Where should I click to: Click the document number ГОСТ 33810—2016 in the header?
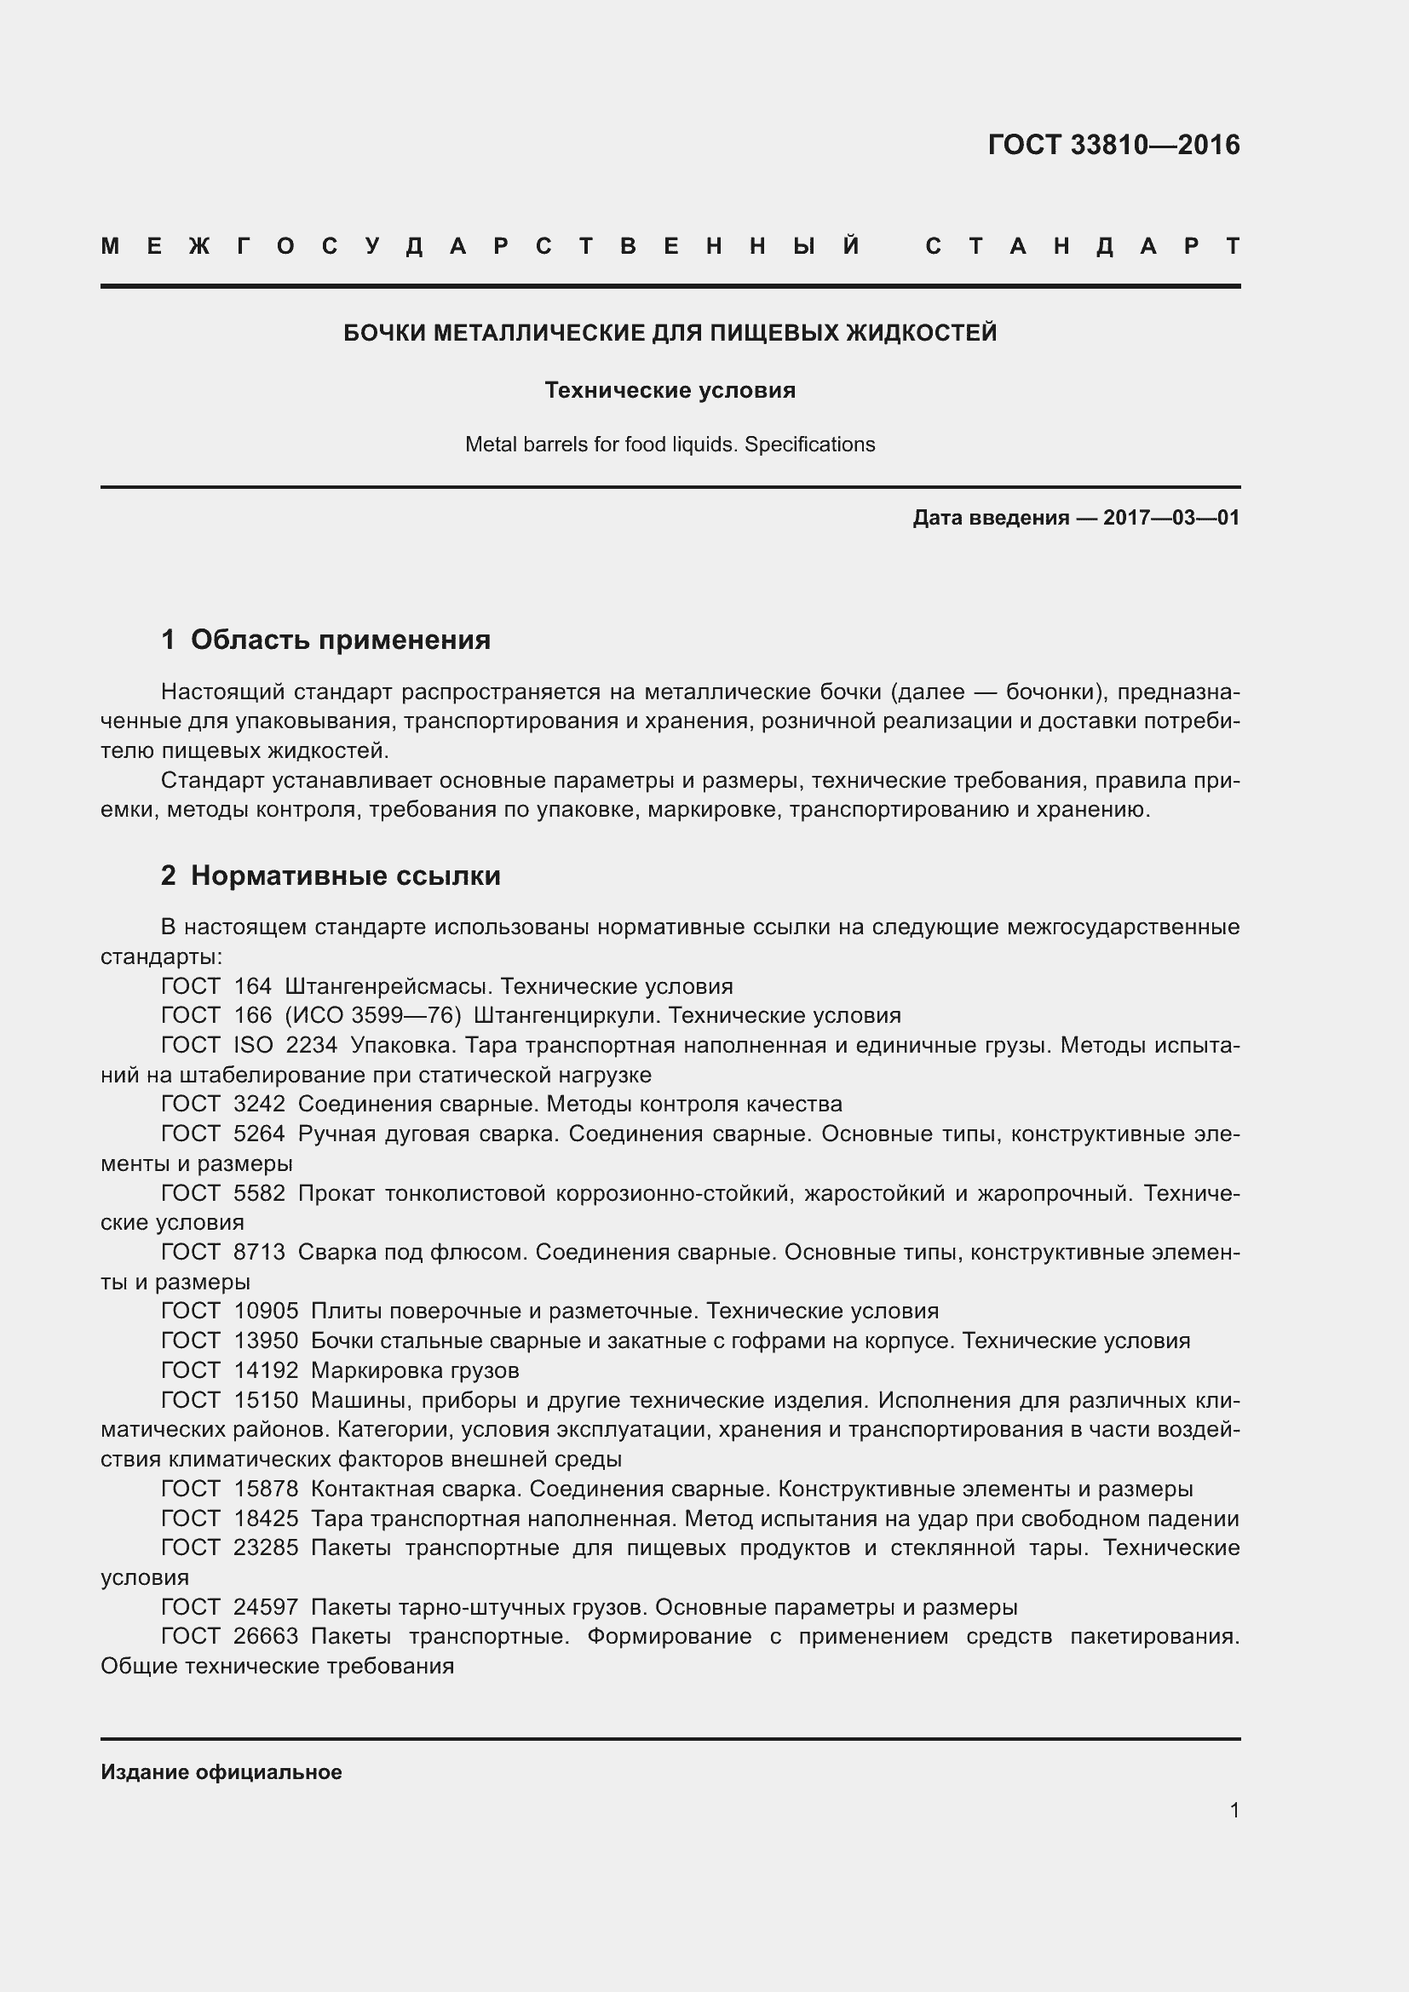pos(1113,145)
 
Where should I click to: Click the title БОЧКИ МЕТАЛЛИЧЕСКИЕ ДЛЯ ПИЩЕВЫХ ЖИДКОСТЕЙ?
pos(670,332)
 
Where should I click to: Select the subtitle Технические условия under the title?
pos(670,390)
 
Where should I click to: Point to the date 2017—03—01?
pos(1170,518)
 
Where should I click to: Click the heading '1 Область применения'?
pos(325,640)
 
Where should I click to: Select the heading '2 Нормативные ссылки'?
pos(331,875)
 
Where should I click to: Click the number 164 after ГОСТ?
pos(252,986)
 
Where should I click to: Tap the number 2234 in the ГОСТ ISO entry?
pos(312,1046)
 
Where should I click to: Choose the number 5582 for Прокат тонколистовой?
pos(260,1193)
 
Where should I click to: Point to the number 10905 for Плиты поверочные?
pos(266,1311)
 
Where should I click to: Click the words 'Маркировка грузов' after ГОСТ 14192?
pos(415,1370)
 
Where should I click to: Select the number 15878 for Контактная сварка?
pos(266,1489)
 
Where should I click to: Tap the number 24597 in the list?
pos(266,1607)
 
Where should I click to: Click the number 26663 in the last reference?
pos(266,1636)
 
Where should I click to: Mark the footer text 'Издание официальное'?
pos(221,1772)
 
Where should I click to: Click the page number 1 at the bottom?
pos(1234,1811)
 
